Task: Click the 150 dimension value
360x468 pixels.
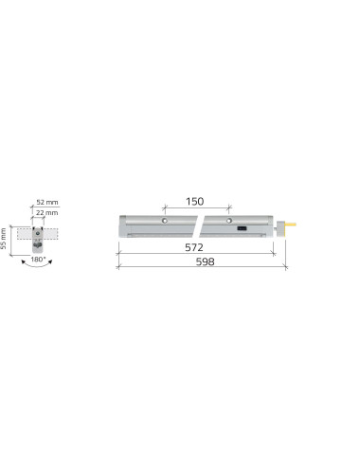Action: click(x=194, y=201)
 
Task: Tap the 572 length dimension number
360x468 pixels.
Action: click(x=194, y=247)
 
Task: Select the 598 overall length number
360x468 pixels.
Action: click(x=206, y=261)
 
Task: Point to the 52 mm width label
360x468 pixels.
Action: click(x=47, y=202)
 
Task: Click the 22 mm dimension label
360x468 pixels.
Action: click(x=46, y=212)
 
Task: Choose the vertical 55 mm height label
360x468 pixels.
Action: click(x=4, y=239)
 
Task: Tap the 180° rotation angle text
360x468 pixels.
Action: click(x=38, y=260)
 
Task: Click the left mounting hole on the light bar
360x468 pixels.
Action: click(x=165, y=221)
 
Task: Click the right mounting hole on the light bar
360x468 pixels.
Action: click(x=229, y=221)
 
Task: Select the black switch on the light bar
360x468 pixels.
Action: click(x=243, y=228)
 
